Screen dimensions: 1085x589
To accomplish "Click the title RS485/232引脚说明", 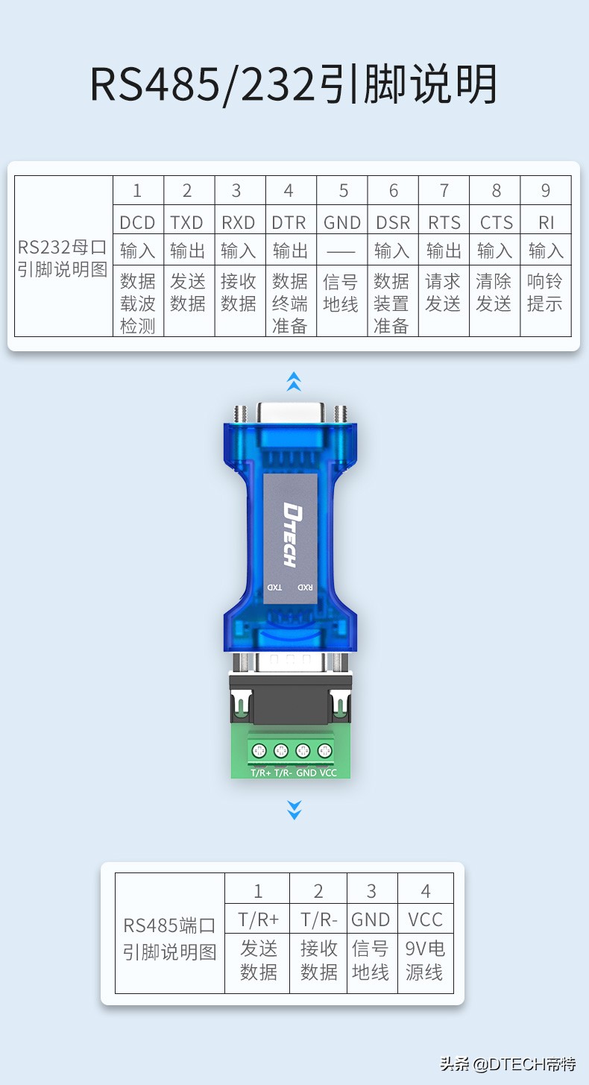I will pos(294,85).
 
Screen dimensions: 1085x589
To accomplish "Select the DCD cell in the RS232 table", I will pos(138,222).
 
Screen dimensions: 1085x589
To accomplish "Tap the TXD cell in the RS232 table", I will pos(188,222).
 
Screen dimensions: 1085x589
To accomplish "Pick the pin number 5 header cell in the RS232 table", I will pos(342,191).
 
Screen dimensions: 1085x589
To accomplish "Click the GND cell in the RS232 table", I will pos(342,222).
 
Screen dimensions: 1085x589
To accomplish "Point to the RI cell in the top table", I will pos(546,222).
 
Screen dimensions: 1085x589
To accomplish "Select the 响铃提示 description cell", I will pos(545,293).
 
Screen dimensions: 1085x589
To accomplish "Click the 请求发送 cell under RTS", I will pos(444,293).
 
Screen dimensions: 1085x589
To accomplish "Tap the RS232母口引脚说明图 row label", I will pos(63,258).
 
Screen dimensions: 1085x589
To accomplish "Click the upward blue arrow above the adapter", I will pos(294,382).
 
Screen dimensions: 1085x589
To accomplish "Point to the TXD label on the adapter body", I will pos(275,588).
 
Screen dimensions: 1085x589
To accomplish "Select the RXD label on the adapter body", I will pos(305,588).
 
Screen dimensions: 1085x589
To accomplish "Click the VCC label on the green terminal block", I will pos(328,773).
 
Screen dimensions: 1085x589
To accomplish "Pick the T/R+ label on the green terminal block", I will pos(261,773).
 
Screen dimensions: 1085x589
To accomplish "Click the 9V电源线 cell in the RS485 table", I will pos(425,960).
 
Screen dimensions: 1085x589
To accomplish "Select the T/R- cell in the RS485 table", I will pos(318,919).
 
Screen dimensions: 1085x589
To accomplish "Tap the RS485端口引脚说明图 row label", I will pos(170,938).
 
